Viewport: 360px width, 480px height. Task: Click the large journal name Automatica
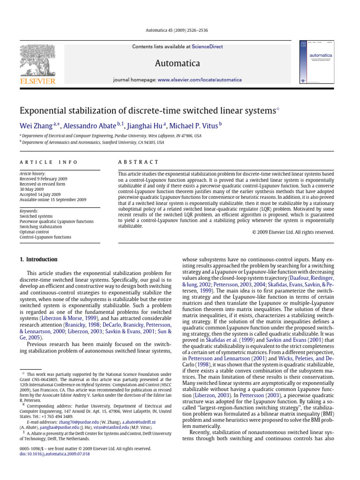point(180,63)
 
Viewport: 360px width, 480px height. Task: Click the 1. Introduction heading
point(38,259)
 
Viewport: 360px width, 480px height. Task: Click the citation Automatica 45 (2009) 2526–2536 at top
point(180,30)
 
